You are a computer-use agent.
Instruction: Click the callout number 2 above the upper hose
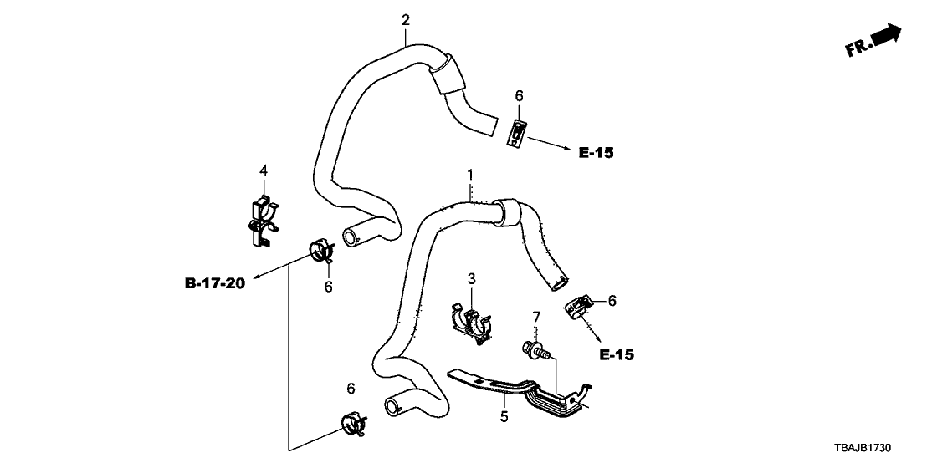pos(406,19)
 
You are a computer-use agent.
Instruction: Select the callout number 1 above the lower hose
pos(470,175)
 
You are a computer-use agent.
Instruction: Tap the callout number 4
pos(264,170)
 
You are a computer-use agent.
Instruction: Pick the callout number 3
pos(471,277)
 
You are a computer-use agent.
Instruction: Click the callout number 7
pos(535,318)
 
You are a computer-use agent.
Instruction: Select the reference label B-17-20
pos(214,284)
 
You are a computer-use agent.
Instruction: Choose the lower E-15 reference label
pos(617,355)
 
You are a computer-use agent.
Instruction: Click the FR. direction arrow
pos(873,41)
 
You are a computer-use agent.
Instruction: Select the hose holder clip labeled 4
pos(264,221)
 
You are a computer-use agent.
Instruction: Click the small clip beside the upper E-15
pos(520,132)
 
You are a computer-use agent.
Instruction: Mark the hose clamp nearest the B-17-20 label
pos(320,251)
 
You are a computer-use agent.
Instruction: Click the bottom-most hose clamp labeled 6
pos(355,424)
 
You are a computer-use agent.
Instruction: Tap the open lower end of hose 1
pos(392,407)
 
